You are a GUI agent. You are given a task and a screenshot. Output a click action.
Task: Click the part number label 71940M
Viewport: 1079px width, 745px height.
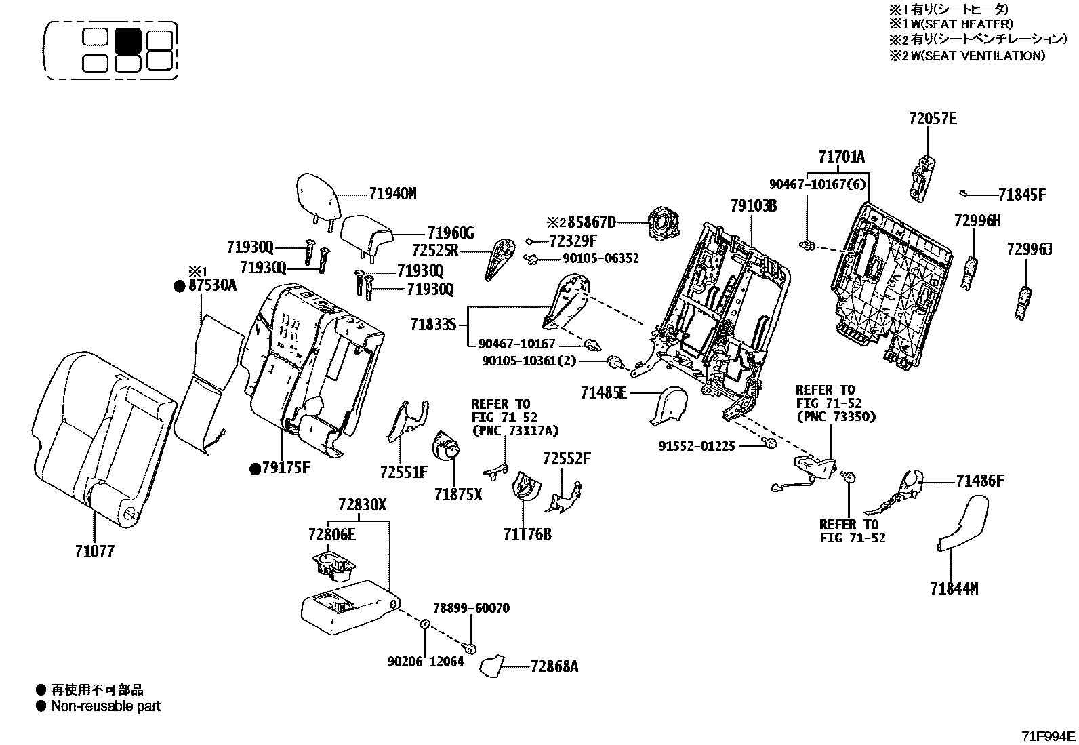pos(392,194)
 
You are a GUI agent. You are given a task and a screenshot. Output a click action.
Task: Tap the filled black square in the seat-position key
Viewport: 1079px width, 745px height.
pos(128,39)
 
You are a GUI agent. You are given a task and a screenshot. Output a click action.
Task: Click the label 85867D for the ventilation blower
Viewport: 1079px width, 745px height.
pos(592,222)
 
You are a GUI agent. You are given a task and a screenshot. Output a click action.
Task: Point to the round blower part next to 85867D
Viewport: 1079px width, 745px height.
pos(664,222)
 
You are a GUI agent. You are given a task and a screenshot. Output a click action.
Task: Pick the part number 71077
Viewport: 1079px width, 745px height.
pos(95,551)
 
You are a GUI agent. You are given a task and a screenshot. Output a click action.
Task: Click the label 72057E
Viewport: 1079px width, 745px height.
pos(933,119)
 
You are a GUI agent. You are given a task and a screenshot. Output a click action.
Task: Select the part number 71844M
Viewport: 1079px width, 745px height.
pos(954,589)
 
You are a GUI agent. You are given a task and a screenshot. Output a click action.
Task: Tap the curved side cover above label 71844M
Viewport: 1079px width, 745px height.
pos(964,524)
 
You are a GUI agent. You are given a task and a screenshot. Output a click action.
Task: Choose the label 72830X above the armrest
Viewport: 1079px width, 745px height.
pos(362,504)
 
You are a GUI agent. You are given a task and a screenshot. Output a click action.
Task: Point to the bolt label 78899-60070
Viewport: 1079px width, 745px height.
pos(471,608)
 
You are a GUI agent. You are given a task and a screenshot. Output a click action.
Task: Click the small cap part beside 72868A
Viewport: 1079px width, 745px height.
pos(491,666)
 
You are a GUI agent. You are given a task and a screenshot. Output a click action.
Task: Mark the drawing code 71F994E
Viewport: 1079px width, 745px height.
pos(1049,736)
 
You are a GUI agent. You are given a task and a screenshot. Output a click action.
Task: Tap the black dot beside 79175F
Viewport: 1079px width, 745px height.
pos(256,468)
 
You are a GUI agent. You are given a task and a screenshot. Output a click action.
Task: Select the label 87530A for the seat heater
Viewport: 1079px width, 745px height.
pos(212,285)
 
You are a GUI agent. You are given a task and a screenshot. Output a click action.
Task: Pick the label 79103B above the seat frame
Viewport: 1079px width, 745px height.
pos(754,206)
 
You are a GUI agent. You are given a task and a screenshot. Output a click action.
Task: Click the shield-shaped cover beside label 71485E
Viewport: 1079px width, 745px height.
pos(668,405)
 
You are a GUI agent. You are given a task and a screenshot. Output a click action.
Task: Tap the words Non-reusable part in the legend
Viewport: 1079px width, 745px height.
pos(106,706)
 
